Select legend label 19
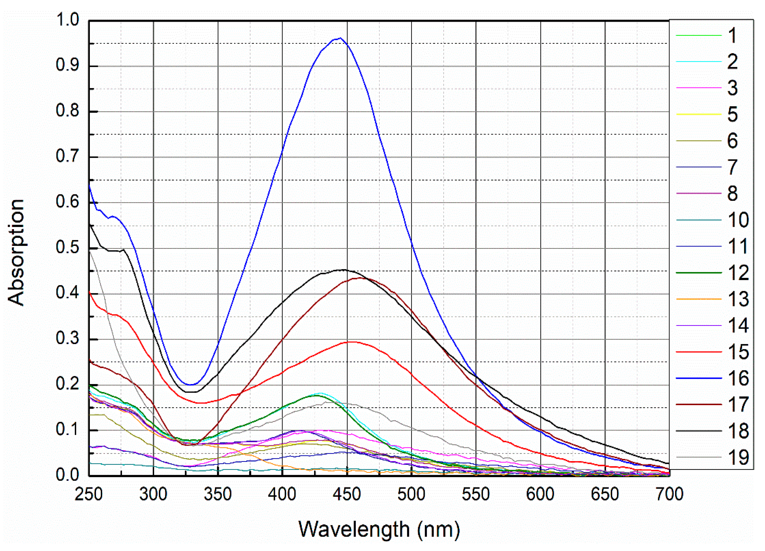(738, 458)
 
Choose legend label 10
(738, 220)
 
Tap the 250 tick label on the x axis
(89, 494)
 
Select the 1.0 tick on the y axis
(67, 20)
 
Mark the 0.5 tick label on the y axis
(67, 248)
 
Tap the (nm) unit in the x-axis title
(438, 529)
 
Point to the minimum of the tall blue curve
(191, 385)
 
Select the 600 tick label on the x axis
(540, 494)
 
